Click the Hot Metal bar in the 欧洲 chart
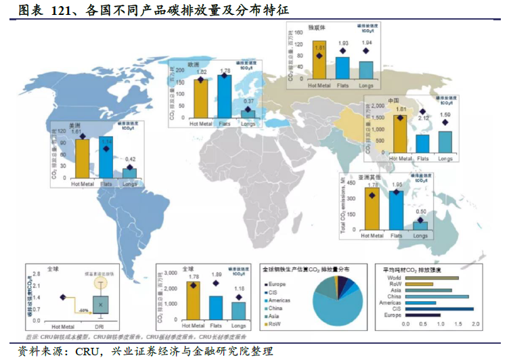click(200, 99)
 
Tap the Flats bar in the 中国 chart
click(422, 144)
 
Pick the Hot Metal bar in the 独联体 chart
click(319, 62)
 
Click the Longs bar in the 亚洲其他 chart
click(420, 226)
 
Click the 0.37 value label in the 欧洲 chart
click(248, 102)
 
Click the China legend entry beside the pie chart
click(277, 308)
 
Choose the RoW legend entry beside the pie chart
click(276, 325)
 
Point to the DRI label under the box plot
click(99, 325)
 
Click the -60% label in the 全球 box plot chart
click(84, 310)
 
